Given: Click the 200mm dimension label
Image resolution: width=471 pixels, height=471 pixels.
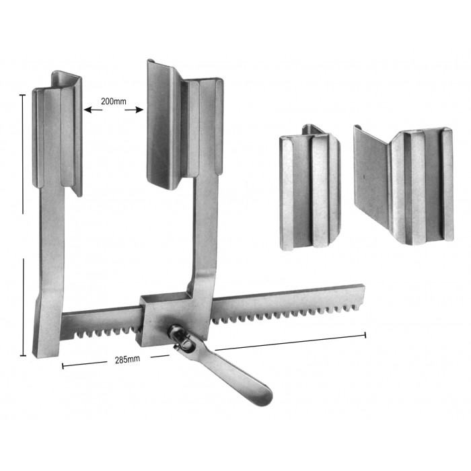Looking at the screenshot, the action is (113, 102).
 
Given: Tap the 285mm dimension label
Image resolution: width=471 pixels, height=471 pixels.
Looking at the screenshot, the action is (127, 359).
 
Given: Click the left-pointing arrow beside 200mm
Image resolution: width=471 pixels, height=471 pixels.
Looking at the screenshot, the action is (93, 110).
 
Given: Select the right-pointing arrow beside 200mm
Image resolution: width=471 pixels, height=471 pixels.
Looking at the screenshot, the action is (134, 110).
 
